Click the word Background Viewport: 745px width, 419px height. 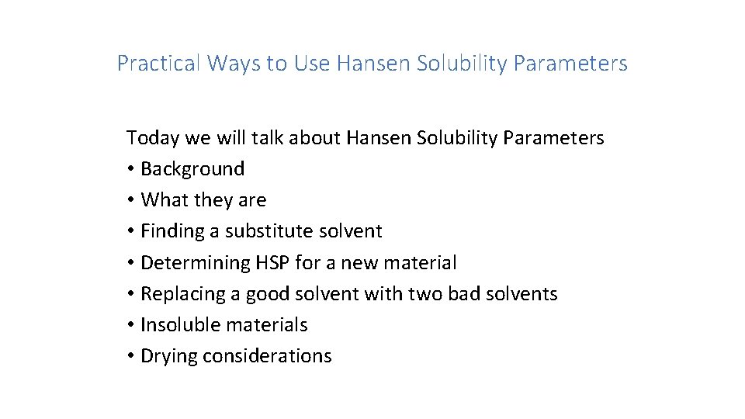(x=192, y=169)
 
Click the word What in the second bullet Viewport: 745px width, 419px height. (x=165, y=200)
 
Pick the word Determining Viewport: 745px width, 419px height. (x=196, y=262)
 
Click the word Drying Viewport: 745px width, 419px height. (x=167, y=356)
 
